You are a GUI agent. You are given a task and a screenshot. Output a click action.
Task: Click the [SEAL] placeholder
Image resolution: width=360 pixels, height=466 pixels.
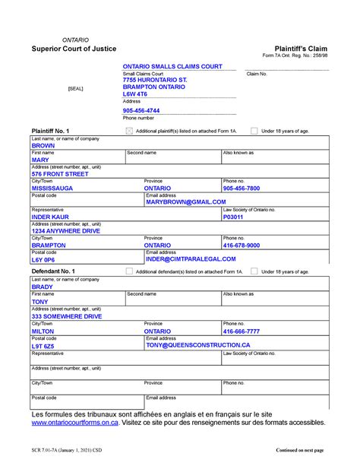click(x=75, y=89)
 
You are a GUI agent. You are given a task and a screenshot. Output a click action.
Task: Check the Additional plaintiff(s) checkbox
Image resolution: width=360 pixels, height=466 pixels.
click(x=129, y=131)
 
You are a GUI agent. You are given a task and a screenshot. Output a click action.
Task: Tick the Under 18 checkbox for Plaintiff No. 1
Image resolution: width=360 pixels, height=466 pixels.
click(x=254, y=131)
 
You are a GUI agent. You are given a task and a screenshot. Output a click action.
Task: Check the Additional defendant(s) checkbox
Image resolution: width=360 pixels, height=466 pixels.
click(x=129, y=271)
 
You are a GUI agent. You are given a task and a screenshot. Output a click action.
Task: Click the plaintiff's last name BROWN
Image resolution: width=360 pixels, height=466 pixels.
click(x=43, y=146)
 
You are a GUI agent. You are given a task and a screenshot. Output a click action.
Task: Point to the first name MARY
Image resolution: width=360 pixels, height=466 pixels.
click(x=40, y=160)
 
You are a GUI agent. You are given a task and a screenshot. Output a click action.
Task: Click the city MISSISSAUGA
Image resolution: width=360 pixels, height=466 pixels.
click(x=52, y=188)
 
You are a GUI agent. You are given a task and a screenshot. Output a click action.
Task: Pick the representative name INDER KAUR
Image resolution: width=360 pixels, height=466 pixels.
click(x=51, y=217)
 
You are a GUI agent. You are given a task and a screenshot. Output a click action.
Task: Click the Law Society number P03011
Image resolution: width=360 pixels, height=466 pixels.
click(x=233, y=217)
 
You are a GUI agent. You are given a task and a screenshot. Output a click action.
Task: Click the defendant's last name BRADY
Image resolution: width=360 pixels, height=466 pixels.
click(x=43, y=287)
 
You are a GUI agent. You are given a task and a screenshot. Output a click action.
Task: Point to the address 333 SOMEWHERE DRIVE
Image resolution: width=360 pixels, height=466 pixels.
click(x=67, y=316)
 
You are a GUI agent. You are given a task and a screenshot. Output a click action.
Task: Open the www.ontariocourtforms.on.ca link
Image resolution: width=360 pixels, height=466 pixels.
click(x=75, y=423)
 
